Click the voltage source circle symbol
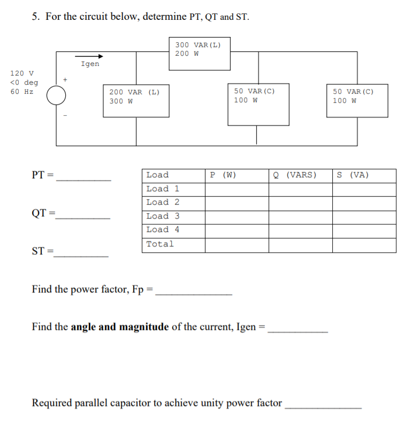coord(56,96)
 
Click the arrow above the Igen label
coord(89,56)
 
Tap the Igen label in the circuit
coord(90,64)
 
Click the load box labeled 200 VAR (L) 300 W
coord(136,100)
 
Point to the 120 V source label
coord(21,73)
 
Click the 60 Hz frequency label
coord(21,92)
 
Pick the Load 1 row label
coord(163,189)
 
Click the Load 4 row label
coord(163,230)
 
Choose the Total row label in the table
coord(160,244)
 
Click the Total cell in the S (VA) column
coord(364,245)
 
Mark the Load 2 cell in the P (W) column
coord(236,202)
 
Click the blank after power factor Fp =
coord(193,292)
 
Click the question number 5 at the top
coord(35,17)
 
